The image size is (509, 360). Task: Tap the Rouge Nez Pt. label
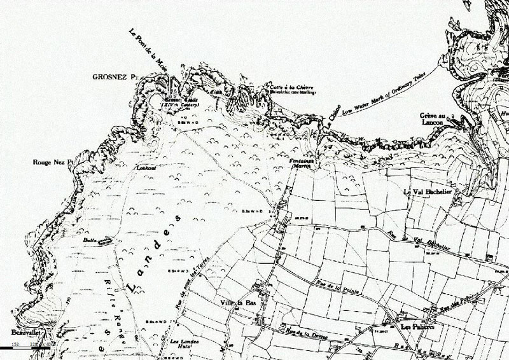(x=54, y=162)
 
